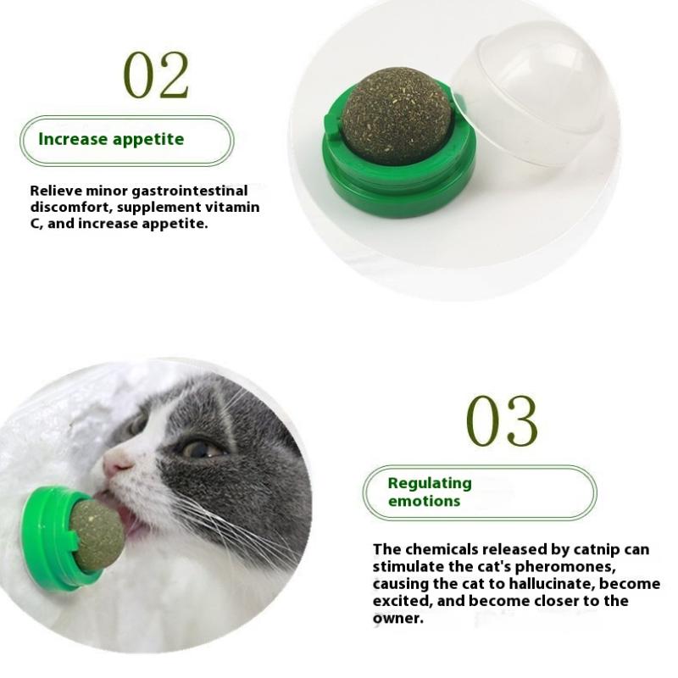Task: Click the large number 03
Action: [502, 421]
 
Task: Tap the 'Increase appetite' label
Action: [111, 139]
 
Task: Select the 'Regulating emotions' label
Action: [430, 492]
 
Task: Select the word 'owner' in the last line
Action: [397, 618]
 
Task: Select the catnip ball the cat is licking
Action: [97, 534]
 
